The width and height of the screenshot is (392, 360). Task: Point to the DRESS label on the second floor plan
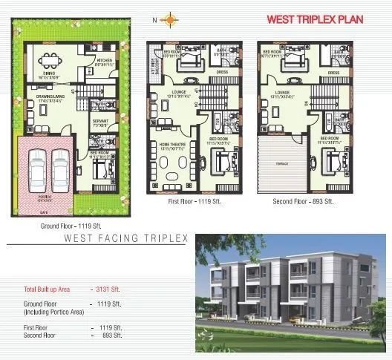(x=333, y=73)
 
